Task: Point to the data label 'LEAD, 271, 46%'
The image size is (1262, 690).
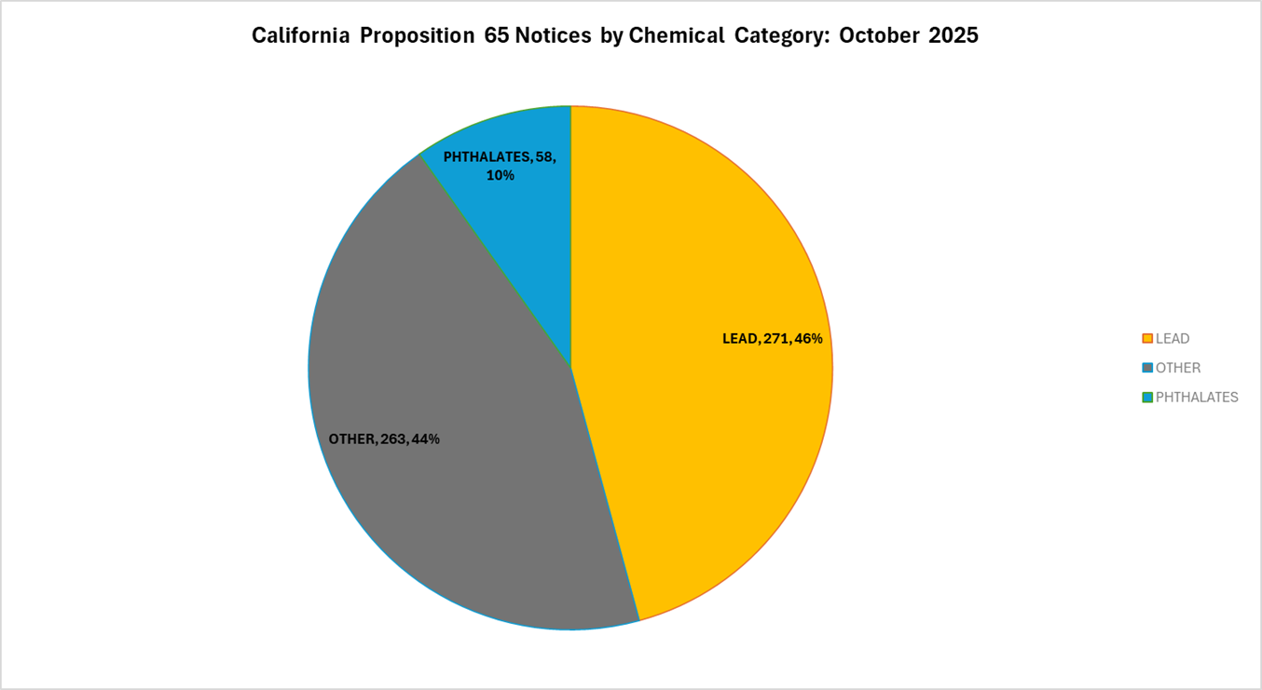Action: [772, 339]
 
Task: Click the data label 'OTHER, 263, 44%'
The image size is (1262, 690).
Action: [384, 439]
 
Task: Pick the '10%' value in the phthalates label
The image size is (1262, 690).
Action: [500, 175]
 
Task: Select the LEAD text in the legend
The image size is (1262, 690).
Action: [1173, 339]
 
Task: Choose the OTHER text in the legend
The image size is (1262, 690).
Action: [1178, 368]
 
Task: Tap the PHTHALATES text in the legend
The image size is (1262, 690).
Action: [1197, 397]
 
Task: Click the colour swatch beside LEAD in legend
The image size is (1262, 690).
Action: [1147, 339]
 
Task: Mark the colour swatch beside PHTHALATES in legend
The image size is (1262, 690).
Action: [1147, 397]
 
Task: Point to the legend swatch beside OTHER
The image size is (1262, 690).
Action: [1147, 368]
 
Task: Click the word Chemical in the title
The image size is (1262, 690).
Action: [676, 36]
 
